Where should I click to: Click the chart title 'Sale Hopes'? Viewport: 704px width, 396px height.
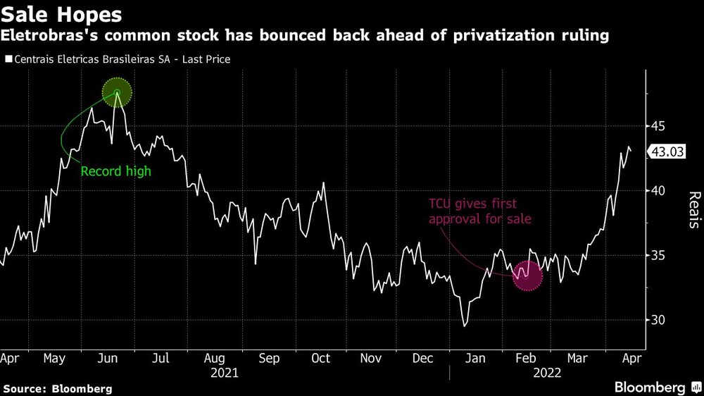coord(62,14)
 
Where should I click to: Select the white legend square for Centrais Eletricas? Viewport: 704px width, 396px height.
coord(8,59)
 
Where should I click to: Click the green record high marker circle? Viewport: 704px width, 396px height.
coord(118,93)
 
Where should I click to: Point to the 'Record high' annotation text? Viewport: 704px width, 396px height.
coord(116,171)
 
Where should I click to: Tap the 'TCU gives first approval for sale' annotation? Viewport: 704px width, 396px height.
coord(479,211)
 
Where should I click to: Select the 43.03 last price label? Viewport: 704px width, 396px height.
coord(669,151)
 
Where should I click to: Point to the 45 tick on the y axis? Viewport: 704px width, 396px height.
coord(658,126)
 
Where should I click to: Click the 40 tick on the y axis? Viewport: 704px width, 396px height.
coord(658,191)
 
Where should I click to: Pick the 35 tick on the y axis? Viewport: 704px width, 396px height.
coord(658,256)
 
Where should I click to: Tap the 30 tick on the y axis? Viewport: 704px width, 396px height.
coord(658,321)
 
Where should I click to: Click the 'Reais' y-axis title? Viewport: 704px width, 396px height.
coord(693,210)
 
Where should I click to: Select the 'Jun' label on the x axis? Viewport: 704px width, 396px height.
coord(108,358)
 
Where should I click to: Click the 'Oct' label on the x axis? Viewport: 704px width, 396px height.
coord(321,358)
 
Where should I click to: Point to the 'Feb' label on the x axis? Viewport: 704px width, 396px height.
coord(527,358)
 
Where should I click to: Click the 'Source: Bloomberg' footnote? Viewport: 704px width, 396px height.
coord(58,388)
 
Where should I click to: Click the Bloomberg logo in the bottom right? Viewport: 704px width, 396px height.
coord(650,387)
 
